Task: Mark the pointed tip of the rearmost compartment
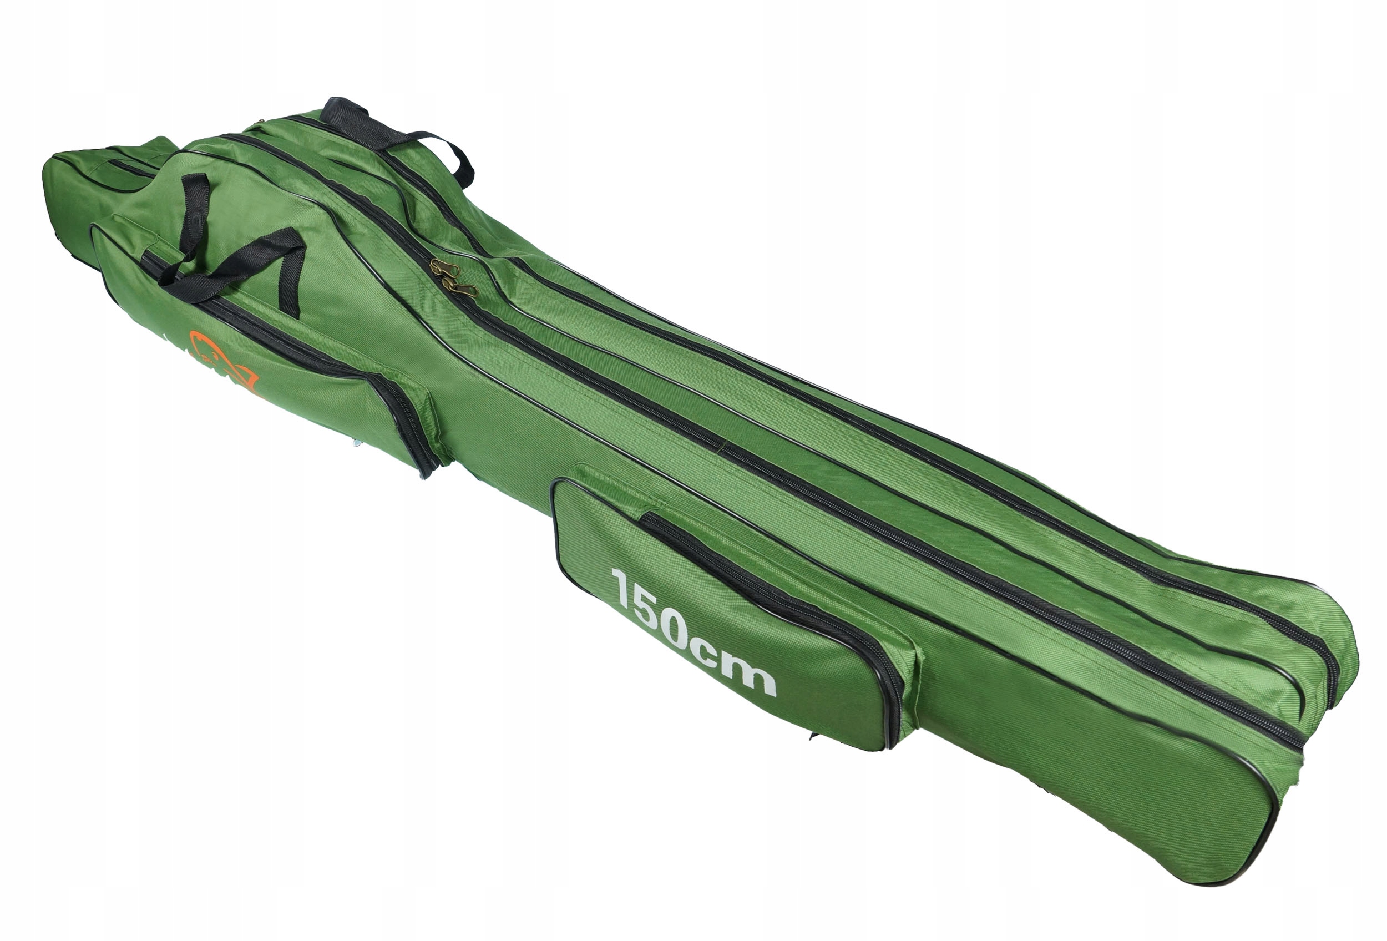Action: (x=54, y=161)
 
